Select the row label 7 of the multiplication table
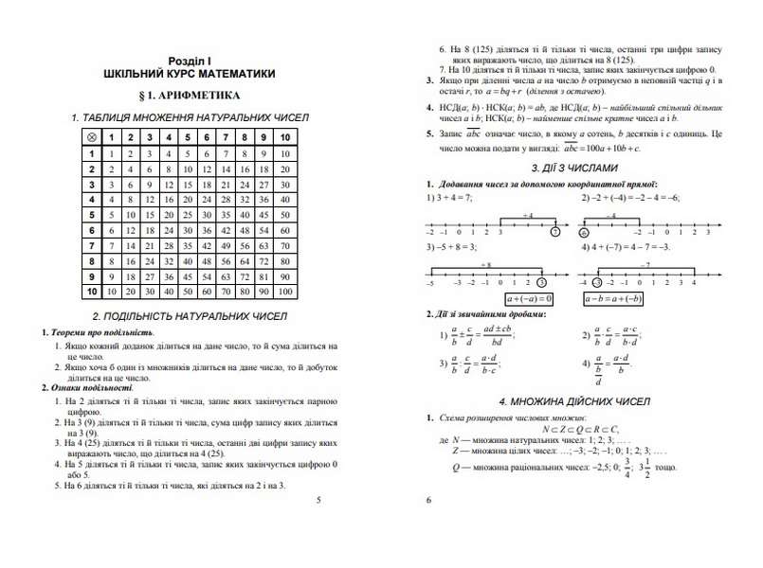[x=91, y=245]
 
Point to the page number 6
[x=428, y=500]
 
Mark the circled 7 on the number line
[x=556, y=232]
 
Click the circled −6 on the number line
[x=584, y=232]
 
